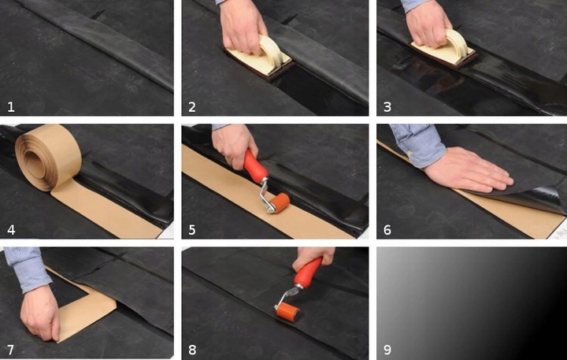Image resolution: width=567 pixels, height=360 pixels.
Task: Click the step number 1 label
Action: [11, 106]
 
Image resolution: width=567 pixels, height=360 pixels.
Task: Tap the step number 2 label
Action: [192, 106]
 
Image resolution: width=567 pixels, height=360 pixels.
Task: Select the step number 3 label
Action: [387, 106]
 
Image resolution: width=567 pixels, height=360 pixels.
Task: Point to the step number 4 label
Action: [11, 230]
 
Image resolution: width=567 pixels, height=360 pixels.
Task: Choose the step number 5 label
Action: [192, 230]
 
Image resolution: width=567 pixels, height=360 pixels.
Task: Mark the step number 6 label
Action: [387, 230]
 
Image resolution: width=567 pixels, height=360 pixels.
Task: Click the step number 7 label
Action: [11, 350]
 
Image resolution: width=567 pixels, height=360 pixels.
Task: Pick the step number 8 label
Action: [192, 350]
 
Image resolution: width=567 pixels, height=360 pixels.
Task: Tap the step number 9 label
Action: [387, 350]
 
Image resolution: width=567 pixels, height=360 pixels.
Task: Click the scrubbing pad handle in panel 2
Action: [272, 50]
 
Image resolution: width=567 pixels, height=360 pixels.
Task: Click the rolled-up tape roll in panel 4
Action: [48, 158]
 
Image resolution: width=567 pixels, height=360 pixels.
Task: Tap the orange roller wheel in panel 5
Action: [280, 202]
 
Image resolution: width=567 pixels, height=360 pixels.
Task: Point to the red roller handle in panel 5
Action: [255, 165]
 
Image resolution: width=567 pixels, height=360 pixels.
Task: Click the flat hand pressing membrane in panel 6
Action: [469, 170]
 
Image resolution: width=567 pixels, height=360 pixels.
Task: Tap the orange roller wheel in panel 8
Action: [288, 311]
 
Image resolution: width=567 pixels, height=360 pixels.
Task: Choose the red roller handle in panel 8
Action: [308, 272]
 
